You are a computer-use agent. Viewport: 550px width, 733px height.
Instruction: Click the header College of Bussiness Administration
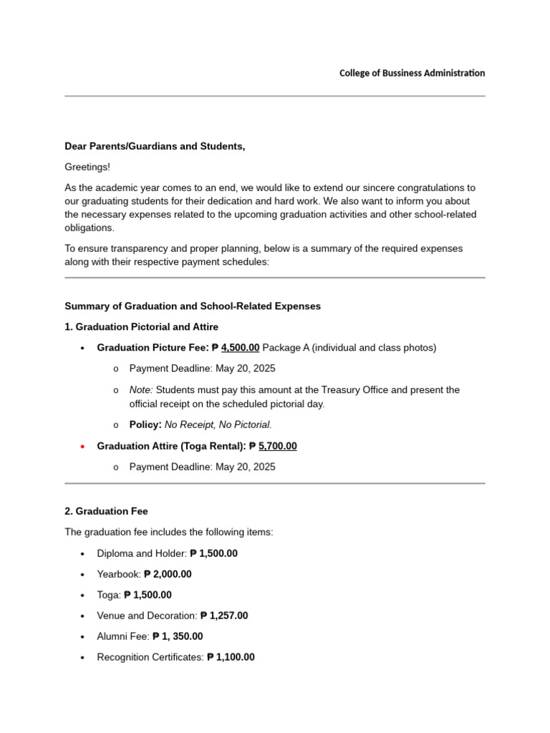412,73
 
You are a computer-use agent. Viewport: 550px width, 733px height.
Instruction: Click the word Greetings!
87,167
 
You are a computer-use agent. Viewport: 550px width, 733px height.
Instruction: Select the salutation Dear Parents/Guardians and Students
155,146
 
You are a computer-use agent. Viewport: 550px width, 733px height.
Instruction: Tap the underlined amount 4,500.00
240,348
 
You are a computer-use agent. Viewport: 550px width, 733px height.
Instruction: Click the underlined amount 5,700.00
277,446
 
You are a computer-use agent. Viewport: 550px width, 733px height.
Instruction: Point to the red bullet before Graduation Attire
83,447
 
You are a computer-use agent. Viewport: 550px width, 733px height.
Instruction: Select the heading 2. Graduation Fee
106,511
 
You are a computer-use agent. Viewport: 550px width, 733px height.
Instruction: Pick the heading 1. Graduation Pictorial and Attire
142,327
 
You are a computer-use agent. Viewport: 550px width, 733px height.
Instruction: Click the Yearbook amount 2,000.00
168,574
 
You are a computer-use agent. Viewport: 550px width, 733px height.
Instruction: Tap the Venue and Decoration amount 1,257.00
224,616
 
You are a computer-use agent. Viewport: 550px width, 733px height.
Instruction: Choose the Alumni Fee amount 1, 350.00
178,636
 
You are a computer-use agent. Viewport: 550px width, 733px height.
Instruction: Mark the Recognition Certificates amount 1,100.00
231,657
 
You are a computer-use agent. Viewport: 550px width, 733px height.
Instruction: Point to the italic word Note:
141,390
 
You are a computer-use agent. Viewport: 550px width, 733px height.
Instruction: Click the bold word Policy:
145,424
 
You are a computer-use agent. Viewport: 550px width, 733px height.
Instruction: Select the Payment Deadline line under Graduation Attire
202,467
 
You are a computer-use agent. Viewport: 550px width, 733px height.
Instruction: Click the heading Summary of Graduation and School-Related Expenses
193,306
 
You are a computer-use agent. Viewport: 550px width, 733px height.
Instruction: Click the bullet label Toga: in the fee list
109,595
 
